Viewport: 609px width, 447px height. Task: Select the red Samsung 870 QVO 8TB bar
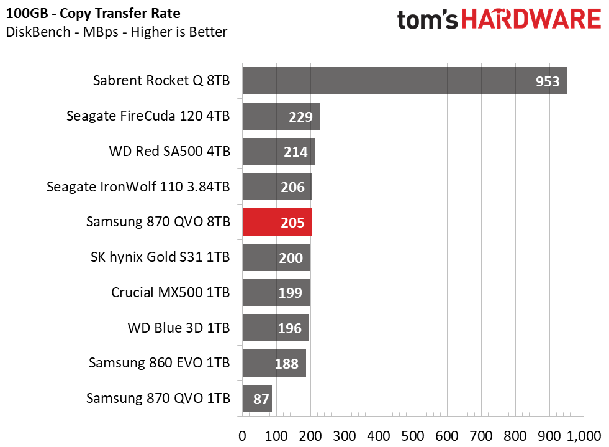pos(277,222)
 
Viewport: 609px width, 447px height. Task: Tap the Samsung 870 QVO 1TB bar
pos(257,399)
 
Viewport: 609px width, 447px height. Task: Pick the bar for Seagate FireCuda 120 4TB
pos(281,116)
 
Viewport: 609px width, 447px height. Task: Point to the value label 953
pos(548,81)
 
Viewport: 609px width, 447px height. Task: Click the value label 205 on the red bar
pos(292,223)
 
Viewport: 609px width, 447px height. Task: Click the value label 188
pos(286,364)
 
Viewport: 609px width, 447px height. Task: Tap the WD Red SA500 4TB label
pos(169,151)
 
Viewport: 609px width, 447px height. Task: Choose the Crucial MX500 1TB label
pos(170,292)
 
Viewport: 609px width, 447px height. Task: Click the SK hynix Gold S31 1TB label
pos(160,257)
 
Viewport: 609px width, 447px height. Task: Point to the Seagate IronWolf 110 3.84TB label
pos(138,187)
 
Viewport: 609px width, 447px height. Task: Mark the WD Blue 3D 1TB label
pos(178,328)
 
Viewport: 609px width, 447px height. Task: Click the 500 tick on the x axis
pos(412,434)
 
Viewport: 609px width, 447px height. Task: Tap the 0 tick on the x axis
pos(242,434)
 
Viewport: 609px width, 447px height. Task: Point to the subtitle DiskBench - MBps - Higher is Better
pos(117,32)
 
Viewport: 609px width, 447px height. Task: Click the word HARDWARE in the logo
pos(530,21)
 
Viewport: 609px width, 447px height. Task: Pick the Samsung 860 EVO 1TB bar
pos(274,364)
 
